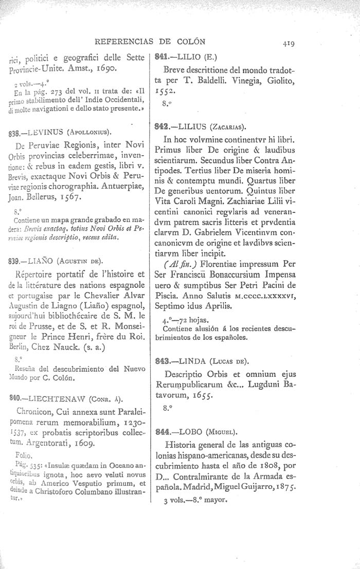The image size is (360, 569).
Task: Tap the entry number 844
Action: click(163, 432)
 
